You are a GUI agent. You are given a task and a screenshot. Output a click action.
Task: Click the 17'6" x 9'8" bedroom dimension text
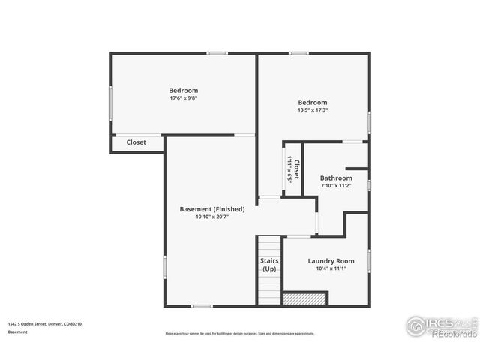coord(183,97)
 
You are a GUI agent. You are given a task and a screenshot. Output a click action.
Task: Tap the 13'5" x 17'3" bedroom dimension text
coord(312,109)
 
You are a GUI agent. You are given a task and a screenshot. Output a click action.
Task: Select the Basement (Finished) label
coord(211,208)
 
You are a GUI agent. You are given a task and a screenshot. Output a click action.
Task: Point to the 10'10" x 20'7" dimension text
coord(211,217)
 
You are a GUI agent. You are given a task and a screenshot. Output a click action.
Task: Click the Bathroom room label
coord(336,178)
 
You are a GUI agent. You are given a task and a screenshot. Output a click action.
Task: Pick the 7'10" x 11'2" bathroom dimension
coord(336,185)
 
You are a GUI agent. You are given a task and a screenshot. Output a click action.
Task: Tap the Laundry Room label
coord(331,260)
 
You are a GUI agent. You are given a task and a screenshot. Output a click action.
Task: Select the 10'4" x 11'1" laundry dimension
coord(331,268)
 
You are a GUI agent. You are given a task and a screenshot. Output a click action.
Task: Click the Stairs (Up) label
coord(269,264)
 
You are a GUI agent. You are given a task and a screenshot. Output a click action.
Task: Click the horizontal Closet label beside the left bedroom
coord(136,142)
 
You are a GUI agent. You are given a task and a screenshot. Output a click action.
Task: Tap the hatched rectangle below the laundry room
coord(306,298)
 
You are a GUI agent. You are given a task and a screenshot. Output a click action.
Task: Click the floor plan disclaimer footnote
coord(240,333)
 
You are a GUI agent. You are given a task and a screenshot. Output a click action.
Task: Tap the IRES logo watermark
coord(439,325)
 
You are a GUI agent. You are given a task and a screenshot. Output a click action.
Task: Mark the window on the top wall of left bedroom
coord(217,53)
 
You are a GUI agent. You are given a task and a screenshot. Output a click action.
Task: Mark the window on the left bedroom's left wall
coord(111,103)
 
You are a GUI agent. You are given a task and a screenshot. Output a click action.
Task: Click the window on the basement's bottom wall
coord(202,306)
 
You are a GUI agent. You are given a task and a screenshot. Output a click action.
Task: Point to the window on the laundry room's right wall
coord(369,261)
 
